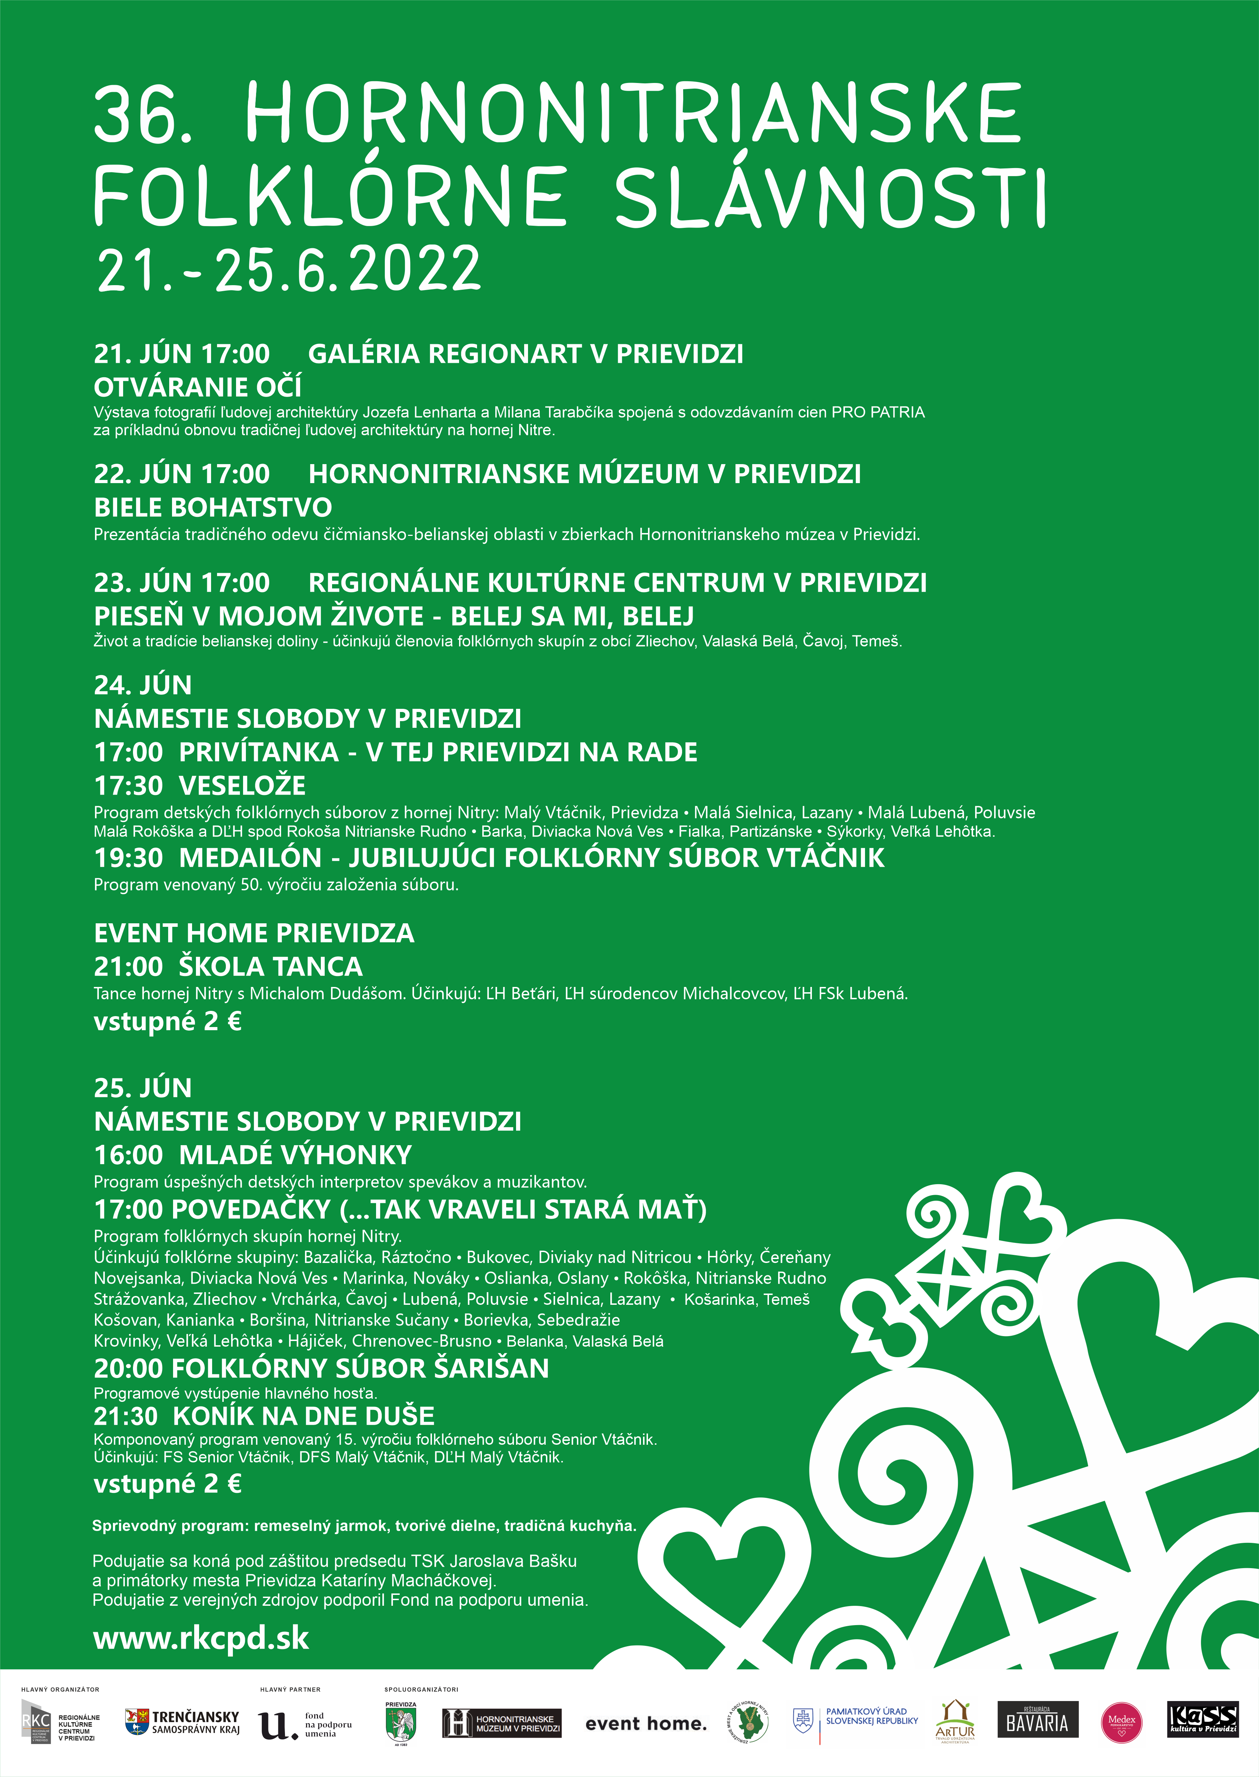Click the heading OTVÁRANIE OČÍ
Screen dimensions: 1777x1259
tap(198, 387)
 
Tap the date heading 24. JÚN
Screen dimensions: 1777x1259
tap(143, 685)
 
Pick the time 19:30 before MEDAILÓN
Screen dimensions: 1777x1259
tap(129, 858)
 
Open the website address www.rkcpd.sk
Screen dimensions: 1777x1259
tap(201, 1638)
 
